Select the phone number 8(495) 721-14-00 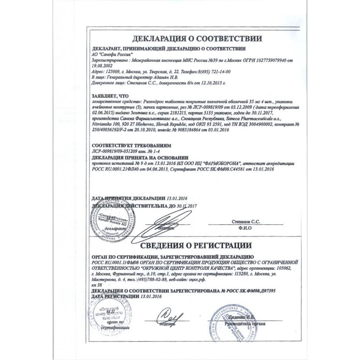coord(204,72)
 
